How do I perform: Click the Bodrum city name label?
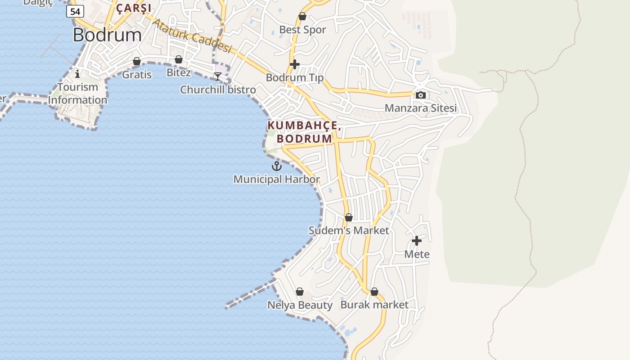pyautogui.click(x=107, y=35)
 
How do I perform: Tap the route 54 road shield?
pyautogui.click(x=75, y=11)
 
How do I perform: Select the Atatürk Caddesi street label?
pyautogui.click(x=192, y=36)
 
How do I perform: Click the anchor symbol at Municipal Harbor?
pyautogui.click(x=276, y=166)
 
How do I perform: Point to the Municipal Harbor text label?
pyautogui.click(x=276, y=180)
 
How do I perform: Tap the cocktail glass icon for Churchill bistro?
pyautogui.click(x=218, y=76)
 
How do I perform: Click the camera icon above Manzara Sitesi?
pyautogui.click(x=421, y=95)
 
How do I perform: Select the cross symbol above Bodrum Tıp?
pyautogui.click(x=295, y=64)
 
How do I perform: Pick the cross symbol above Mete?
pyautogui.click(x=417, y=241)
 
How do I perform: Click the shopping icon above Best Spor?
pyautogui.click(x=302, y=17)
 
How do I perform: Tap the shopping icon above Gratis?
pyautogui.click(x=137, y=61)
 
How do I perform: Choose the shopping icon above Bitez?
pyautogui.click(x=179, y=59)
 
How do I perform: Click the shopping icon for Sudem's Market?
pyautogui.click(x=348, y=218)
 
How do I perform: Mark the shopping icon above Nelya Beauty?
pyautogui.click(x=300, y=292)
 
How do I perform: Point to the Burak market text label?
pyautogui.click(x=374, y=305)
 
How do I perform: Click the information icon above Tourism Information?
pyautogui.click(x=77, y=73)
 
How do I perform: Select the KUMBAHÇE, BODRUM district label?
pyautogui.click(x=304, y=132)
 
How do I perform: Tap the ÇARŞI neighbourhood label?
pyautogui.click(x=134, y=8)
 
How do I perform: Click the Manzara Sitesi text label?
pyautogui.click(x=420, y=108)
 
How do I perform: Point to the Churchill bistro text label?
pyautogui.click(x=218, y=90)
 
